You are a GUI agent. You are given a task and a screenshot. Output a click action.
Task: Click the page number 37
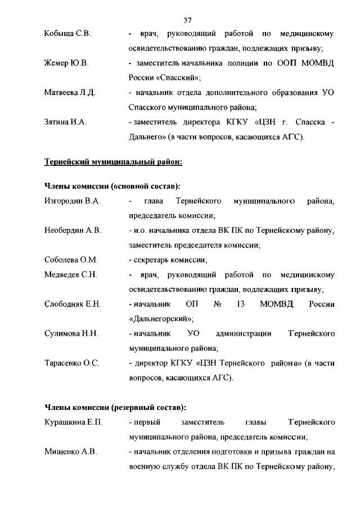tap(188, 20)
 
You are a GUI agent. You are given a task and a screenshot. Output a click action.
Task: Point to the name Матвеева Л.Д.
tap(70, 92)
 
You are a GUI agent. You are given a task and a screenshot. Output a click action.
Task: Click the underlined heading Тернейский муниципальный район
tap(113, 162)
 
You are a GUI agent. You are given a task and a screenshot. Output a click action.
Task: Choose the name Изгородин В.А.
tap(72, 201)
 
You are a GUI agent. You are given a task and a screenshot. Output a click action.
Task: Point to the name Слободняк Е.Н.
tap(72, 304)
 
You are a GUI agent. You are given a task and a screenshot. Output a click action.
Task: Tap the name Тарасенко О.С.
tap(71, 363)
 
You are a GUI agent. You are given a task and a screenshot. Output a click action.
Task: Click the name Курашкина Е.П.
tap(73, 422)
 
